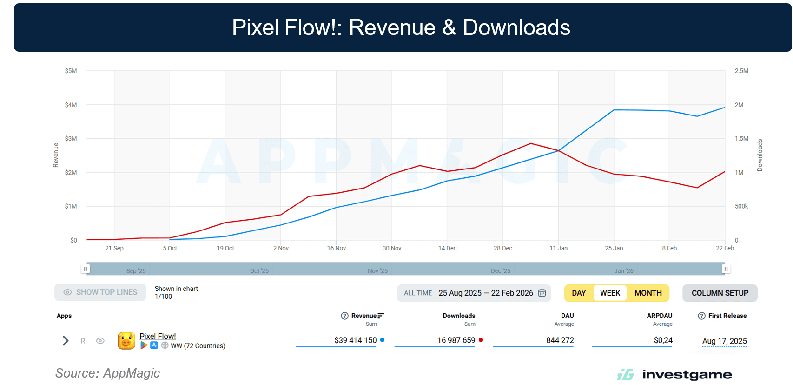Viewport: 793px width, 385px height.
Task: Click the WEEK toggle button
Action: click(x=610, y=293)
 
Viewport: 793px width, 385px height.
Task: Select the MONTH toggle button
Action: click(x=648, y=293)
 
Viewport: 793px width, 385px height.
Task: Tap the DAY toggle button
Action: click(x=579, y=293)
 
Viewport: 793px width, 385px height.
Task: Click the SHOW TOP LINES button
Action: click(x=100, y=292)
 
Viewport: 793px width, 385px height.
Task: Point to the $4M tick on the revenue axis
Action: click(x=71, y=105)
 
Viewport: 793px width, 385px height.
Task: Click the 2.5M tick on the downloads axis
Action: click(x=741, y=71)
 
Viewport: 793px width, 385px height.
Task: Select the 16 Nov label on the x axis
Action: click(x=337, y=248)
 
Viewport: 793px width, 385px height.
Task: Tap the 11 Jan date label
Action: click(x=558, y=248)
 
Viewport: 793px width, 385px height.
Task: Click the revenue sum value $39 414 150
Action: click(x=355, y=340)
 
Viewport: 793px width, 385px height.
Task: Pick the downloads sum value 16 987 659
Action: click(x=456, y=340)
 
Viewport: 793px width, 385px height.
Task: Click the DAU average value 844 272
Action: click(x=560, y=340)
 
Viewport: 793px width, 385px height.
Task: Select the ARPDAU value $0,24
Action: click(x=663, y=340)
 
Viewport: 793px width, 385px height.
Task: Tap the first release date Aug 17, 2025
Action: click(x=724, y=341)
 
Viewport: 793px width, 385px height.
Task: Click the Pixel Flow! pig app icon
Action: click(x=126, y=341)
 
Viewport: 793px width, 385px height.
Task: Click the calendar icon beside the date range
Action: click(x=542, y=293)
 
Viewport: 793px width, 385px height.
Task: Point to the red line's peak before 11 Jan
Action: click(x=531, y=143)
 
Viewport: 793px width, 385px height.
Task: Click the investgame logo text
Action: click(x=687, y=375)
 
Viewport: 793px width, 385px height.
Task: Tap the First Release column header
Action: click(x=727, y=316)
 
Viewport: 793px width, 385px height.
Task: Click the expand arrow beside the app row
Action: click(x=66, y=341)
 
